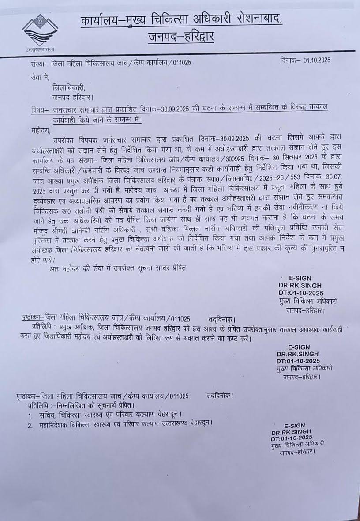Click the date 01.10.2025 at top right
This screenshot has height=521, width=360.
tap(317, 60)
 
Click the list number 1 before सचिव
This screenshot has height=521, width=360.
tap(30, 416)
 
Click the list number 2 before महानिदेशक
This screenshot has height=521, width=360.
tap(30, 426)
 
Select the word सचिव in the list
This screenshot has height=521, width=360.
tap(47, 415)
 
